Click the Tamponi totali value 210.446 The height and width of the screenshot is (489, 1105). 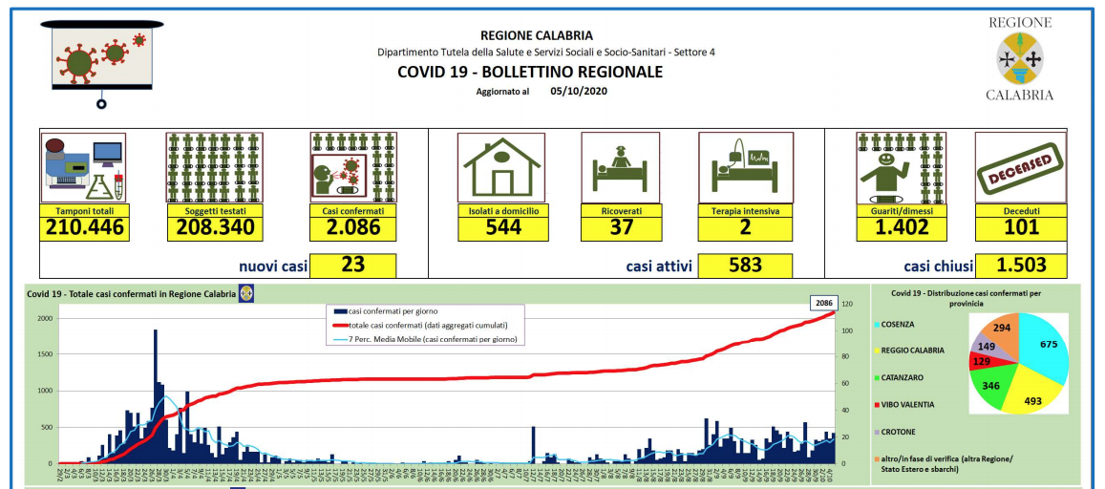(84, 227)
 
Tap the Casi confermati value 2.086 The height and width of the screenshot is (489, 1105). (352, 227)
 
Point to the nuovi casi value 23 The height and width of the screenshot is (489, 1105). (352, 265)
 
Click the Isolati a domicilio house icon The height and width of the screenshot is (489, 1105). (499, 166)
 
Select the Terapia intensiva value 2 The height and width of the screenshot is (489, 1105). (745, 227)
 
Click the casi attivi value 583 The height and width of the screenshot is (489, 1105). (745, 265)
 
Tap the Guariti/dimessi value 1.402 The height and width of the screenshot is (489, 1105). (901, 227)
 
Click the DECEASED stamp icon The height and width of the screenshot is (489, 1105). (1020, 166)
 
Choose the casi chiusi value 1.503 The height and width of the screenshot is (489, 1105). (1020, 265)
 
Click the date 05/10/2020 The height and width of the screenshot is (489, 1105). (579, 92)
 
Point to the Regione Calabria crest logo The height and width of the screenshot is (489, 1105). (1019, 59)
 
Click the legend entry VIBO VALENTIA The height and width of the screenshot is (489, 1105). (916, 404)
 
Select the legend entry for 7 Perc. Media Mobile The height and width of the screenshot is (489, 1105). (434, 339)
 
